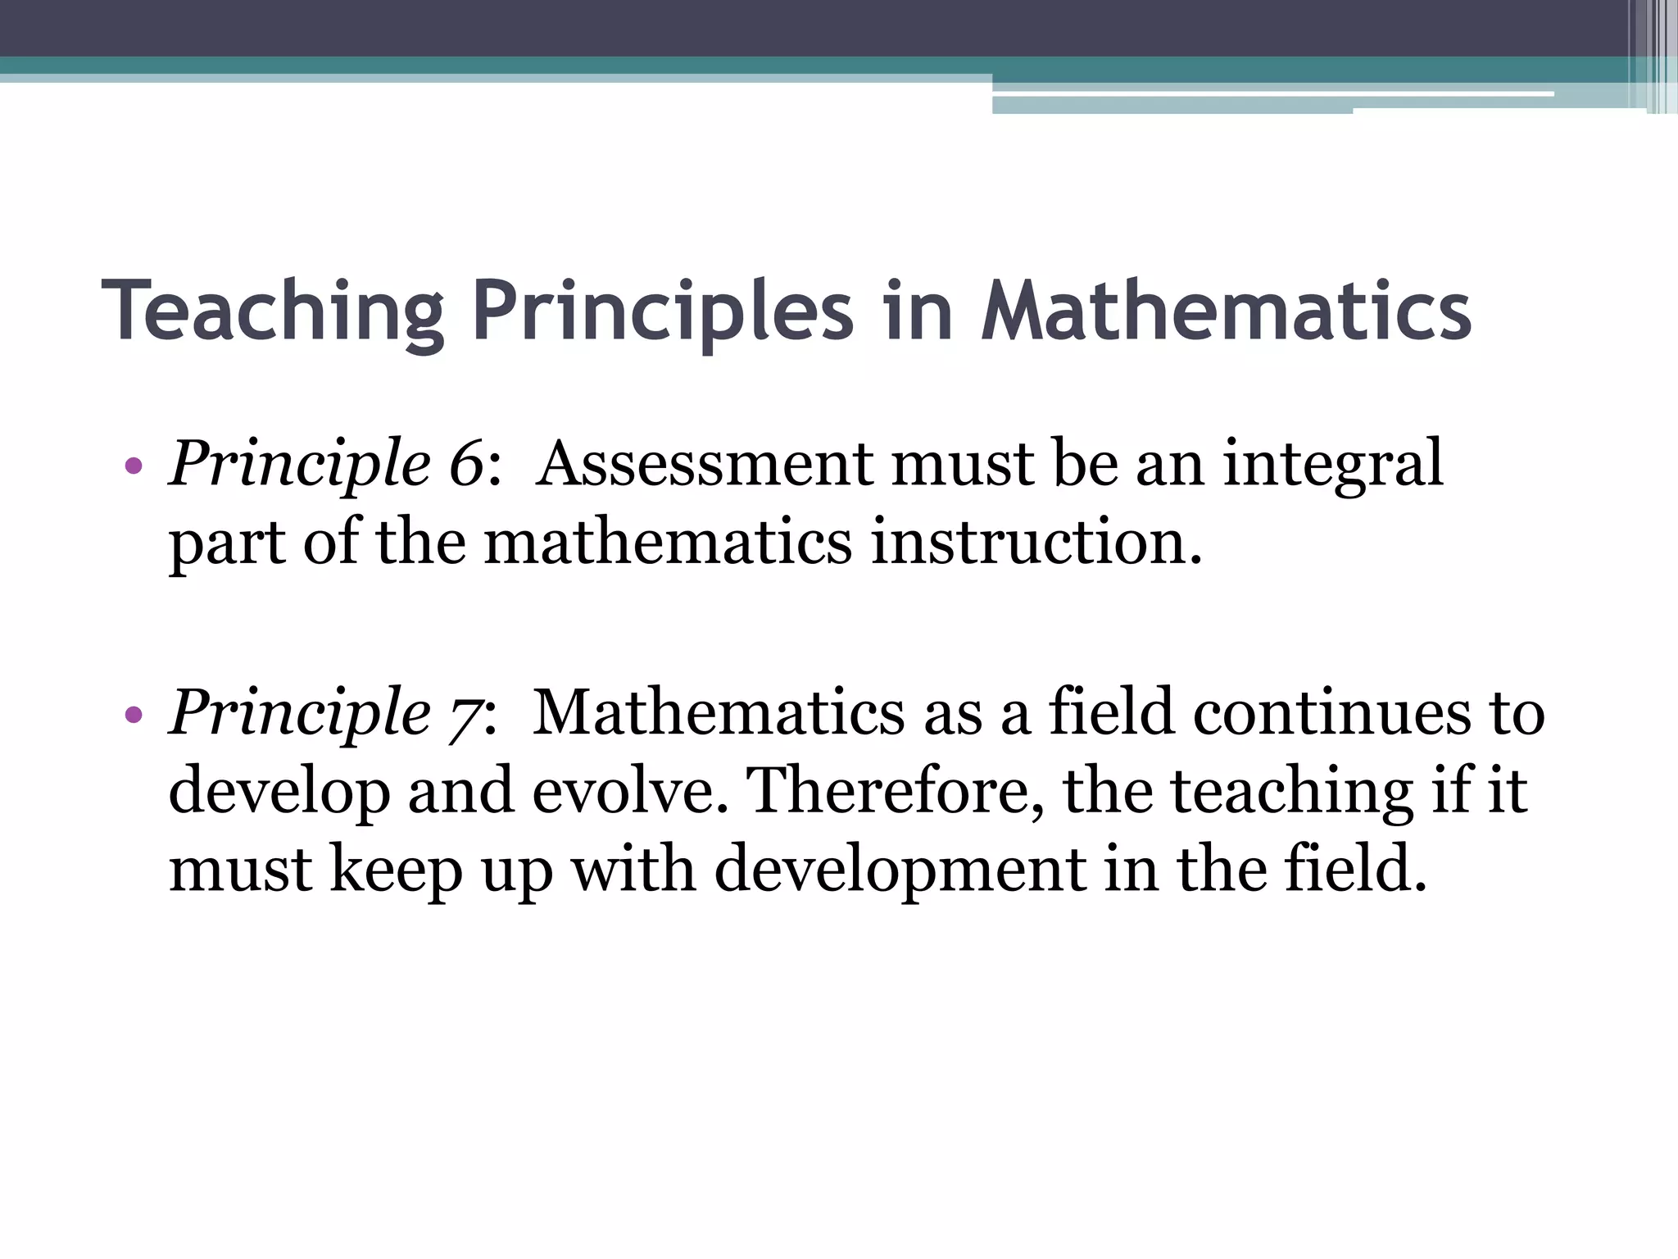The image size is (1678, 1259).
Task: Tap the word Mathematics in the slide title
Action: click(x=1226, y=311)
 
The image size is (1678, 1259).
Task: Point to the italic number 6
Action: click(x=467, y=464)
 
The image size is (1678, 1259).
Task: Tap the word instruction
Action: click(x=1036, y=543)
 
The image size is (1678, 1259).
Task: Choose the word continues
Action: click(x=1331, y=711)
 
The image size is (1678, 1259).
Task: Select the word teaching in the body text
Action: click(x=1291, y=792)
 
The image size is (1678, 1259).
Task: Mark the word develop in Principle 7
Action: click(x=279, y=792)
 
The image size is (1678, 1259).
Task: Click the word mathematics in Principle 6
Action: click(x=669, y=543)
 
